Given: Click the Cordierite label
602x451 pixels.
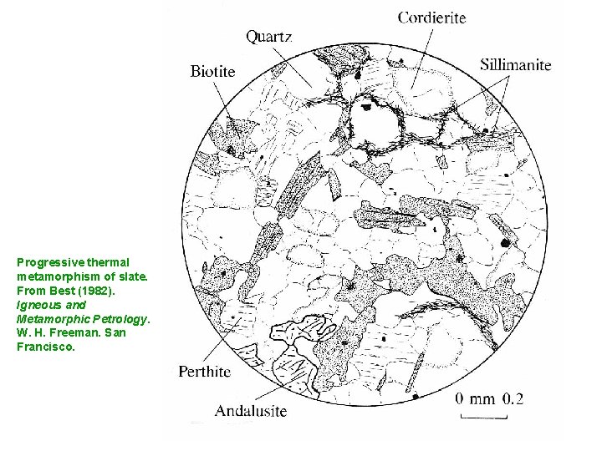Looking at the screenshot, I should tap(431, 16).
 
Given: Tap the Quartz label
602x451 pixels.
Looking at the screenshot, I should tap(268, 36).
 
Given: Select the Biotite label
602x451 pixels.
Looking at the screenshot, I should tap(212, 71).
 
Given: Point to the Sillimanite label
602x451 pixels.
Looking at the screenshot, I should tap(516, 64).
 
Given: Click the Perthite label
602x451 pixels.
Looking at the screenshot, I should tap(204, 372).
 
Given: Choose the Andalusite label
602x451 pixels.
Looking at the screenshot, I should tap(251, 410).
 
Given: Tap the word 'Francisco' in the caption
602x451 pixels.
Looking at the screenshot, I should tap(45, 347).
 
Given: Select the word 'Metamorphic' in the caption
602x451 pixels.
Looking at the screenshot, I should tap(51, 319).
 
